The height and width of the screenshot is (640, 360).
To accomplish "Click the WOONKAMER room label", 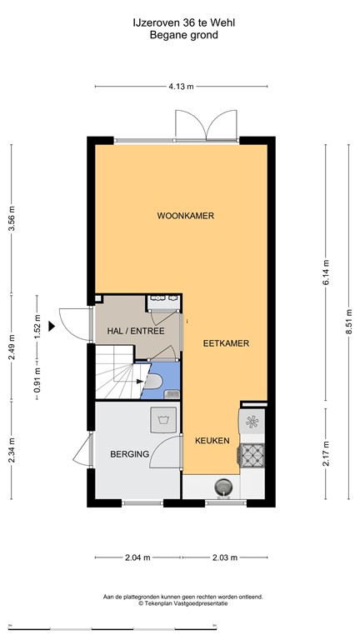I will (185, 216).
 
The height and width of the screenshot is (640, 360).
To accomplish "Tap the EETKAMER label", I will (226, 342).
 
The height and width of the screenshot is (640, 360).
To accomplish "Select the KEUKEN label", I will (212, 440).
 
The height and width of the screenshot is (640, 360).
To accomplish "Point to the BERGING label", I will (129, 454).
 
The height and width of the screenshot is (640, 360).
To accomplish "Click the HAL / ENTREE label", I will (135, 331).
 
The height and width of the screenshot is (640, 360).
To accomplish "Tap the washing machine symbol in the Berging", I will (160, 418).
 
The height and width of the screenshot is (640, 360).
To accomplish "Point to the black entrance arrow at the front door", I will (52, 326).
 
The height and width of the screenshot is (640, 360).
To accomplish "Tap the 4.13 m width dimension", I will (181, 86).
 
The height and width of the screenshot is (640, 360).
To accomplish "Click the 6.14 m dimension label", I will (326, 267).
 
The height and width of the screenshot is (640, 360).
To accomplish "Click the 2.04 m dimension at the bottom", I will (137, 557).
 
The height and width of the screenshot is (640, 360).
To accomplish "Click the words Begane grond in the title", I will (181, 35).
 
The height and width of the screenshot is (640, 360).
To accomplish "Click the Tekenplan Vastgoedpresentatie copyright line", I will (182, 604).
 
